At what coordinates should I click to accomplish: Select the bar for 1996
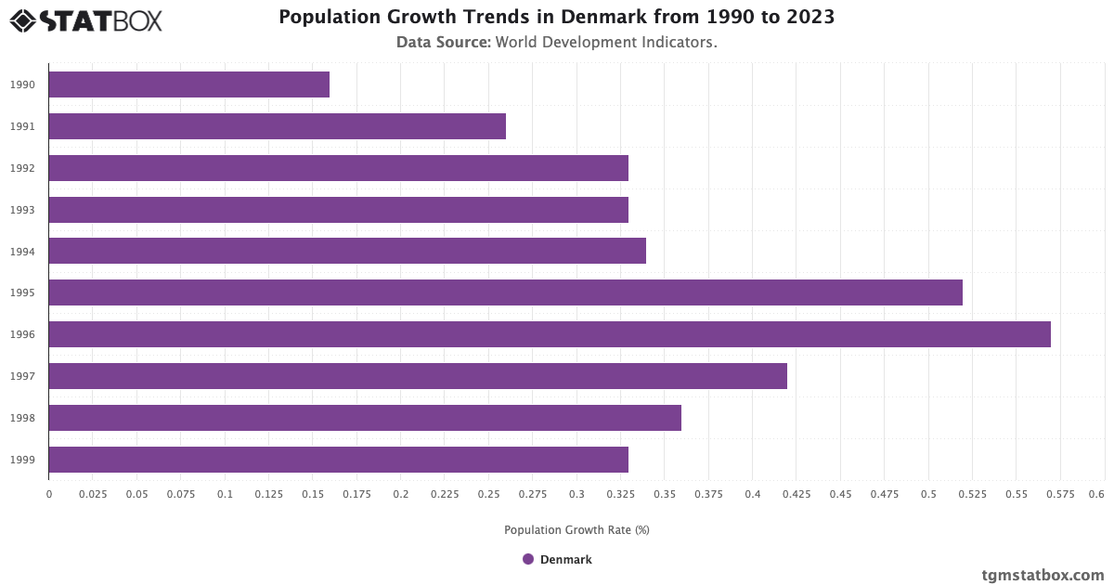point(550,334)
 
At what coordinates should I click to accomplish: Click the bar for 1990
point(189,84)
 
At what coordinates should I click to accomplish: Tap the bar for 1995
point(505,292)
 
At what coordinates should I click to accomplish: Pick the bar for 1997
point(418,376)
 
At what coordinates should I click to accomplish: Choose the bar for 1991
point(277,126)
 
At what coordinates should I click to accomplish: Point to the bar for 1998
point(365,418)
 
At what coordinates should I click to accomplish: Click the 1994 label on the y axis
point(23,252)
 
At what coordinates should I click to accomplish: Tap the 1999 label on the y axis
point(23,460)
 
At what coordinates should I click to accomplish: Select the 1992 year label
point(23,168)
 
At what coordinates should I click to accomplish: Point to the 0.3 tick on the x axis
point(576,494)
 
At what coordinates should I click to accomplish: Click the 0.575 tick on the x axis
point(1060,494)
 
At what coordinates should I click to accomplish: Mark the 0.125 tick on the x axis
point(268,494)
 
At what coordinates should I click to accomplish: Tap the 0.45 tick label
point(840,494)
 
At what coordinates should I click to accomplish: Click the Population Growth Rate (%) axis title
point(576,530)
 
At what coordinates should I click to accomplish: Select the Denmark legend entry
point(557,559)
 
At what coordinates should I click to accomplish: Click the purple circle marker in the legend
point(528,559)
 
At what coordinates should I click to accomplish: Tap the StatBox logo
point(86,20)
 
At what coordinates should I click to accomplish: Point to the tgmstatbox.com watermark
point(1043,575)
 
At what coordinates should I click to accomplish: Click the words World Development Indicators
point(606,43)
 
